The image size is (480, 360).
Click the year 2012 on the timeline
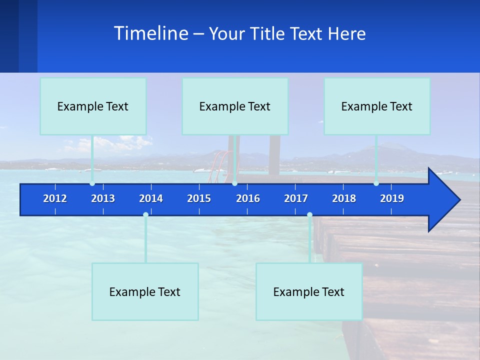(55, 198)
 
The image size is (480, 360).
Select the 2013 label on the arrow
(103, 198)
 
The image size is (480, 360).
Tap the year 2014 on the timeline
(151, 198)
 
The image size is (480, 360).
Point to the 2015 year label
(199, 198)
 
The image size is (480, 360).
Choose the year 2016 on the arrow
(248, 198)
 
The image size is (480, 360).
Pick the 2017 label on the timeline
(296, 198)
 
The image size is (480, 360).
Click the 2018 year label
(344, 198)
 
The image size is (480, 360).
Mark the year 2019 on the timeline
(392, 198)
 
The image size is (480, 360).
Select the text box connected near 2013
(93, 106)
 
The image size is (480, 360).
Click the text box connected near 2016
(235, 106)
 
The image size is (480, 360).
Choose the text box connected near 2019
(377, 106)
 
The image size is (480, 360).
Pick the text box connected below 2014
(145, 291)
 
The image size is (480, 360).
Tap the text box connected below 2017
(309, 291)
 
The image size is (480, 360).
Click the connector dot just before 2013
(92, 183)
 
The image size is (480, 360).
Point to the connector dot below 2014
(145, 215)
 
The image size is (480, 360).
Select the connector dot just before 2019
(376, 183)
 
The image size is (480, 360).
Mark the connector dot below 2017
(309, 215)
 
